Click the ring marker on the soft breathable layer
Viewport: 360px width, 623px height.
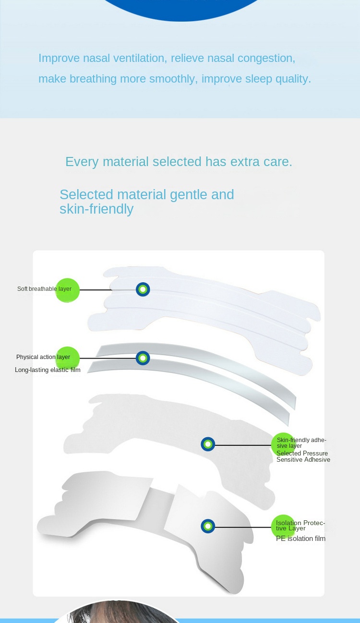click(143, 289)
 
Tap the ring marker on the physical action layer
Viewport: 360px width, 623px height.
click(143, 358)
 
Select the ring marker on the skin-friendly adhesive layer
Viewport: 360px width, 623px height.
click(208, 444)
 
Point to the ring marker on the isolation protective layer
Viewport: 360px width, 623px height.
click(208, 526)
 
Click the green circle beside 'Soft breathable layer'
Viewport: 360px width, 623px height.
click(67, 290)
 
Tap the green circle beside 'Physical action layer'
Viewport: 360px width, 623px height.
click(67, 359)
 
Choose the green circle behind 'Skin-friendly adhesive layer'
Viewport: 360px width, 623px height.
click(283, 444)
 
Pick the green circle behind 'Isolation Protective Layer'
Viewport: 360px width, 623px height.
click(283, 527)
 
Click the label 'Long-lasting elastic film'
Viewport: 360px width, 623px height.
click(48, 370)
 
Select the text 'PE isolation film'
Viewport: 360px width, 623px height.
click(300, 539)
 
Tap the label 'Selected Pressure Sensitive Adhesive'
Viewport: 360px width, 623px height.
click(303, 456)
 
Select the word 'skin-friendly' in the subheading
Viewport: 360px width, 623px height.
click(96, 209)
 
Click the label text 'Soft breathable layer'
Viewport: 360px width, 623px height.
click(44, 289)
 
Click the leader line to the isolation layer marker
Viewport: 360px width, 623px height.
click(243, 527)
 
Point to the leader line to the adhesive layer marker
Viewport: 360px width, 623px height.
click(243, 445)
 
